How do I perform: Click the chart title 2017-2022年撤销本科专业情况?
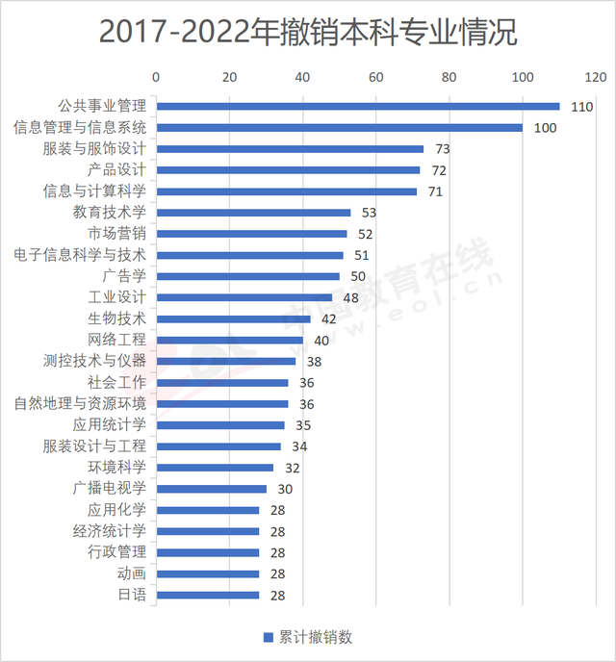coord(308,32)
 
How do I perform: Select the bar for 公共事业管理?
coord(357,107)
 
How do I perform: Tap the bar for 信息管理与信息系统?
coord(339,128)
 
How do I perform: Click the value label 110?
coord(580,107)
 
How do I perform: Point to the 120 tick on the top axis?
coord(595,76)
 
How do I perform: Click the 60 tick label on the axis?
coord(375,76)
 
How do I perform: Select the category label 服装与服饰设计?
coord(94,149)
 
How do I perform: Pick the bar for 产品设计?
coord(288,170)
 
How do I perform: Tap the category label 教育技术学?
coord(110,213)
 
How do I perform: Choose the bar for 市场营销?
coord(251,234)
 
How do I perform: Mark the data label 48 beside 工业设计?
coord(350,297)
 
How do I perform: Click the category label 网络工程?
coord(117,340)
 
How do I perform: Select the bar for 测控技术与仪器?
coord(226,361)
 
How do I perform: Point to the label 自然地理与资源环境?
coord(81,403)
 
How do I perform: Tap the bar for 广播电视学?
coord(211,489)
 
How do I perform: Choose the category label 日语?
coord(132,595)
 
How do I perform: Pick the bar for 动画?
coord(207,573)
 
